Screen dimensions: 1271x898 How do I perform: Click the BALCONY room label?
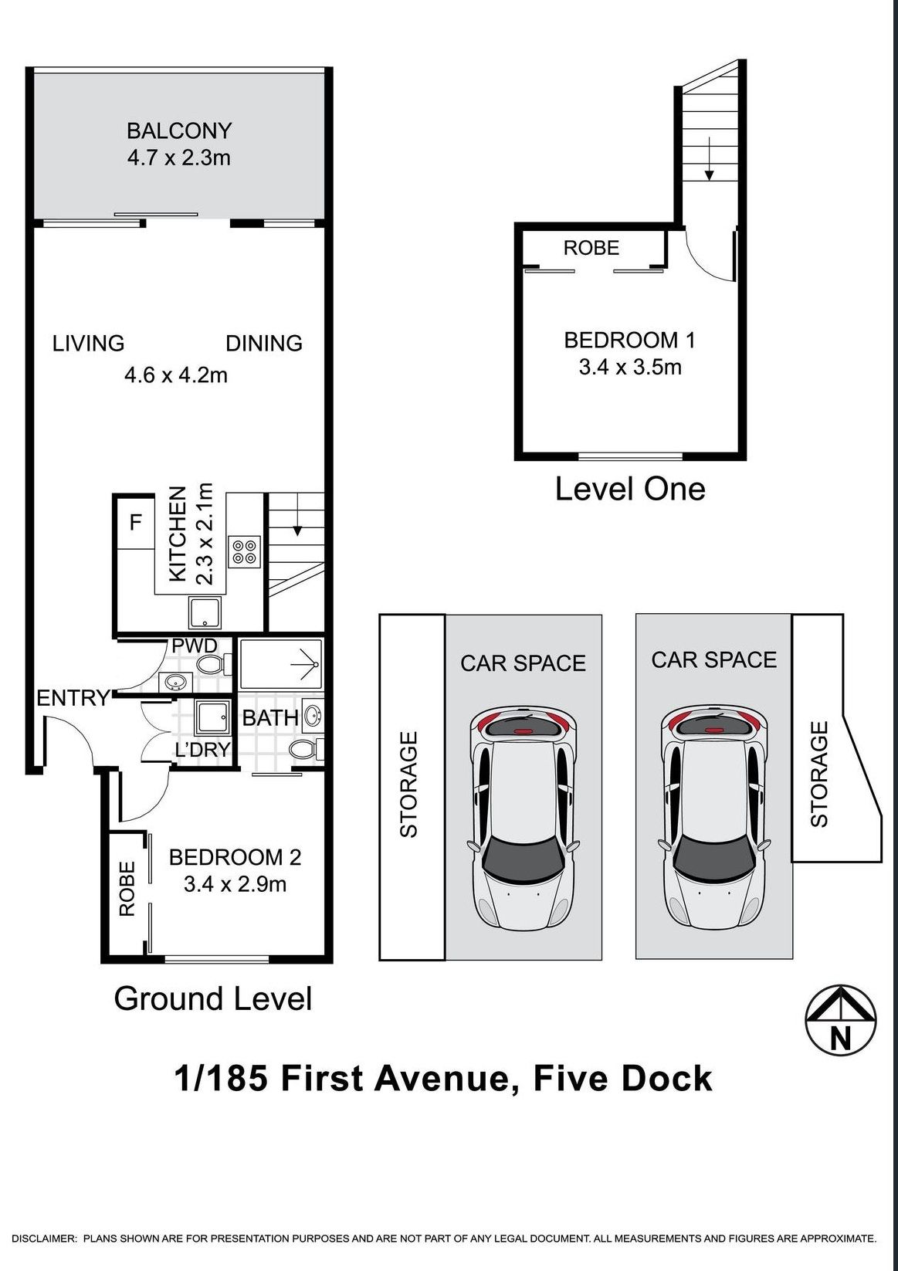(x=179, y=130)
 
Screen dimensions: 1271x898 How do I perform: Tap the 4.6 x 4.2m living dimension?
(x=176, y=375)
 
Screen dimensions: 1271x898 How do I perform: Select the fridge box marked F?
(x=136, y=523)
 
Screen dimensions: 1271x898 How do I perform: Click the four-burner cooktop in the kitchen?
(x=245, y=551)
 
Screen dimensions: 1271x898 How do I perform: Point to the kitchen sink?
(x=205, y=612)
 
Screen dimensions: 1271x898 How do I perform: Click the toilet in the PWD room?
(x=211, y=664)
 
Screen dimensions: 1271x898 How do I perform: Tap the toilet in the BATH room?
(x=304, y=748)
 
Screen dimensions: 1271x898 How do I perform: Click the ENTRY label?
(x=73, y=698)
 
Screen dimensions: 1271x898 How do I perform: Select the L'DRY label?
(x=202, y=749)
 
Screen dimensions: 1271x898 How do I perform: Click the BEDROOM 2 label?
(x=235, y=857)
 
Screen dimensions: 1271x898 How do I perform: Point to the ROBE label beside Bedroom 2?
(x=127, y=889)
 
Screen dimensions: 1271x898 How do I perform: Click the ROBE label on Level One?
(x=591, y=248)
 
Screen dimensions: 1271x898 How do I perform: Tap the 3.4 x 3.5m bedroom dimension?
(x=630, y=367)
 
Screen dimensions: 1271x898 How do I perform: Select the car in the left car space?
(x=523, y=819)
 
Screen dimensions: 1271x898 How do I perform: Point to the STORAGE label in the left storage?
(x=408, y=785)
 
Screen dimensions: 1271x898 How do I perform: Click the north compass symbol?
(x=841, y=1021)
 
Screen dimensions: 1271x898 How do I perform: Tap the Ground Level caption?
(x=213, y=998)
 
